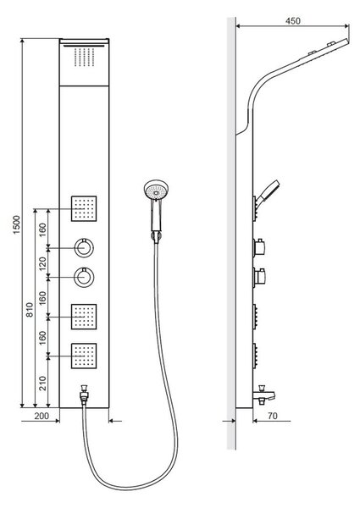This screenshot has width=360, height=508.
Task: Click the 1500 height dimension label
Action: [x=17, y=224]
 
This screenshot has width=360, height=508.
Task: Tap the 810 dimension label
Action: [x=30, y=309]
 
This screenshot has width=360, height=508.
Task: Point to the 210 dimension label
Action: [x=42, y=383]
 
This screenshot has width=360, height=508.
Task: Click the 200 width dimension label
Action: [x=42, y=416]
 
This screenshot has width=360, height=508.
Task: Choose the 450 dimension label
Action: [x=293, y=20]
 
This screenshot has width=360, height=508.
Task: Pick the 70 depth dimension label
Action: [x=273, y=416]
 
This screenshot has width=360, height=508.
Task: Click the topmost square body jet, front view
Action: [x=84, y=208]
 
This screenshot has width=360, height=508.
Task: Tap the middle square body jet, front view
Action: [x=84, y=317]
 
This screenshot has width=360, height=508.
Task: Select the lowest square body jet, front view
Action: [x=84, y=356]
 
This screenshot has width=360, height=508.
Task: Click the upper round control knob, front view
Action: [x=84, y=248]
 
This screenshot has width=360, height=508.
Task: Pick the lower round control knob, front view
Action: [x=84, y=278]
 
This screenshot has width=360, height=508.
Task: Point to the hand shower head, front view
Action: [x=157, y=190]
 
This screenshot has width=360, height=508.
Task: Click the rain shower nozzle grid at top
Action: [x=84, y=57]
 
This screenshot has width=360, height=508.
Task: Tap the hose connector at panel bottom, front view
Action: [x=84, y=394]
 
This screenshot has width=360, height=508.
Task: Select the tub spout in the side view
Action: [x=263, y=395]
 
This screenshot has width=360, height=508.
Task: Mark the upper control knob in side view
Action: [x=259, y=248]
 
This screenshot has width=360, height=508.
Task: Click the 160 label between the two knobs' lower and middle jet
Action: [x=42, y=297]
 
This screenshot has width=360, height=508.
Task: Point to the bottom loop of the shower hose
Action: [x=130, y=486]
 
